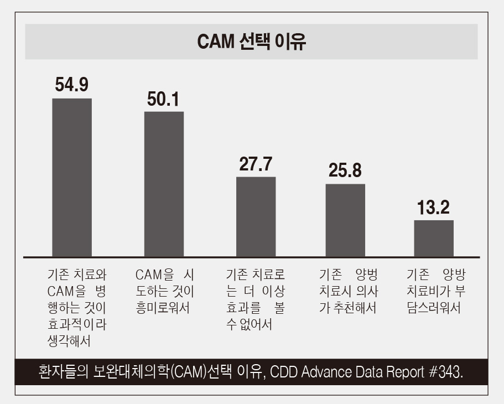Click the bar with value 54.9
(x=72, y=177)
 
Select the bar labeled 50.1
(x=164, y=184)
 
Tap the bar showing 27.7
(x=256, y=216)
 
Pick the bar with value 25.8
(x=345, y=220)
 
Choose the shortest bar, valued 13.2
(x=434, y=238)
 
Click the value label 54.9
(x=72, y=85)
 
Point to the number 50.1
(x=163, y=99)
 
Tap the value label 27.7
(x=256, y=164)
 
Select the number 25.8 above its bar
(x=345, y=170)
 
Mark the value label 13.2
(x=433, y=208)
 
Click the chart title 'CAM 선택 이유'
(x=252, y=42)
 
